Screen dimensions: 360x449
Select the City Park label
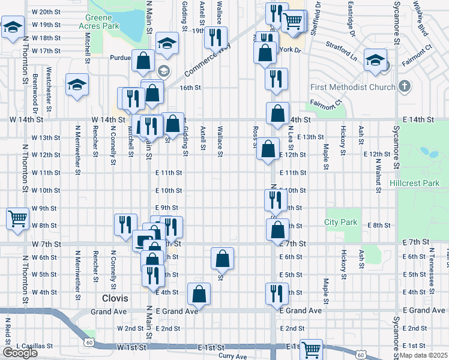341,222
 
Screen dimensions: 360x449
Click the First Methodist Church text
352,88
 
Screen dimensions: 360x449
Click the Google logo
20,353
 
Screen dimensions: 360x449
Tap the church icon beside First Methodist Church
405,86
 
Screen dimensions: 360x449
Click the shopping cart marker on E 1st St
311,349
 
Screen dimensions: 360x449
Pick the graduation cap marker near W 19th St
12,27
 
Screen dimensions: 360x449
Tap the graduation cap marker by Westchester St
77,85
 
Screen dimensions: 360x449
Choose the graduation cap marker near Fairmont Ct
375,61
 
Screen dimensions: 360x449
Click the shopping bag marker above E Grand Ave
199,293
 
